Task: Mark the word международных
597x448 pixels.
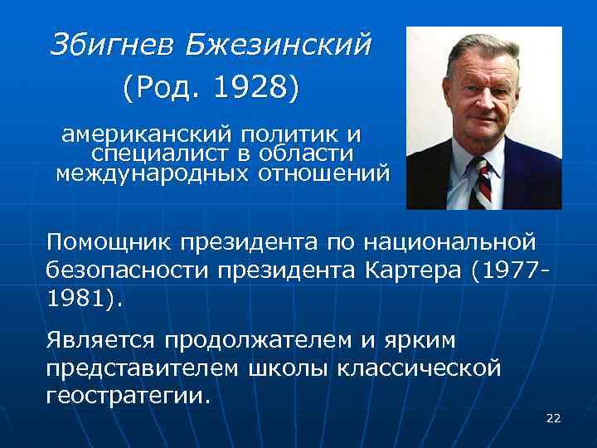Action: click(x=152, y=173)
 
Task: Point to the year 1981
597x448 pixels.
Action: click(x=77, y=298)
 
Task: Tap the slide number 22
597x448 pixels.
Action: click(x=553, y=418)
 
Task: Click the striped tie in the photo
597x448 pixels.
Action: click(x=482, y=183)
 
